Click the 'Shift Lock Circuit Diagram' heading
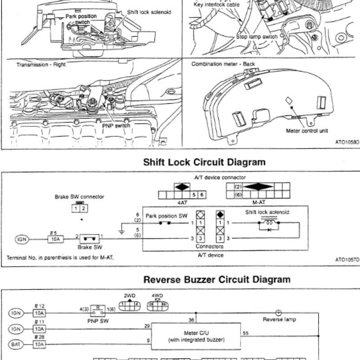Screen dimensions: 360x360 point(204,162)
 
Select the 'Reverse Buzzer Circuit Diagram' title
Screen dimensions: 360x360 point(217,279)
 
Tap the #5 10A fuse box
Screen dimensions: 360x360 point(55,239)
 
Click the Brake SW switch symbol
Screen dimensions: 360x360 point(90,239)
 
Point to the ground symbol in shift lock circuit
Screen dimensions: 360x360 point(122,232)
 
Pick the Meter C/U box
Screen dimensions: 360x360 point(196,336)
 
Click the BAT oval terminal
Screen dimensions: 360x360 point(16,344)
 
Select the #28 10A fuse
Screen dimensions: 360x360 point(39,344)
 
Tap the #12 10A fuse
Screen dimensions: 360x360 point(39,313)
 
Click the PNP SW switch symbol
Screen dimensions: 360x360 point(98,311)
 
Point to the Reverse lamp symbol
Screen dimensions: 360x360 point(278,313)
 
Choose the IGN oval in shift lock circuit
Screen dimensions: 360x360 point(22,239)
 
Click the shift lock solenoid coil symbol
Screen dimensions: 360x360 point(269,223)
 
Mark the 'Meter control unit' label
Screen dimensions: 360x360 point(307,131)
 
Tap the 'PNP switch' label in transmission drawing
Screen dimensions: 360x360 point(116,126)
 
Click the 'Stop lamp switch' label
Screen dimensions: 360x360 point(257,37)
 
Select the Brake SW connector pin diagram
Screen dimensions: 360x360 point(80,207)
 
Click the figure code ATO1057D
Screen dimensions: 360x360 point(347,260)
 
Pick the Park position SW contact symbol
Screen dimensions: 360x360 point(165,223)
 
